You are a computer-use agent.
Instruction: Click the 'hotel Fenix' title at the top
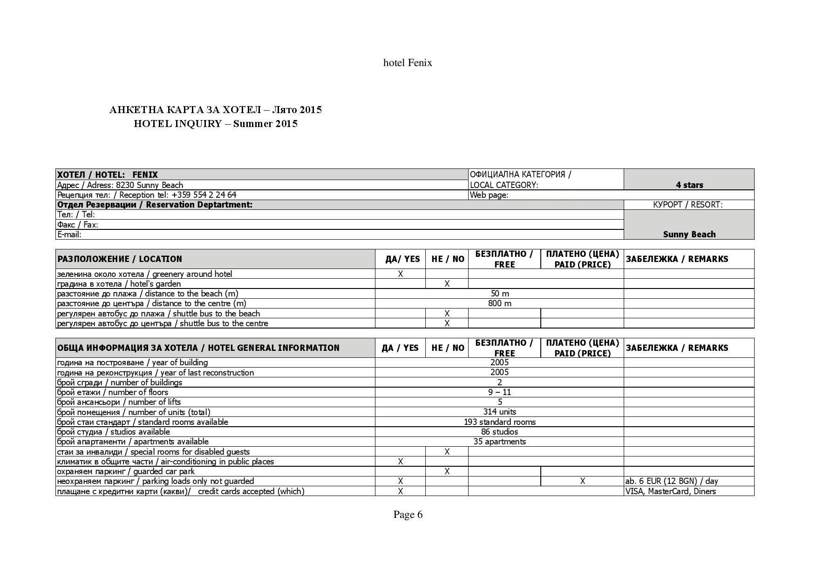click(408, 63)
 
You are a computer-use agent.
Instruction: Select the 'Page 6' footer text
click(408, 514)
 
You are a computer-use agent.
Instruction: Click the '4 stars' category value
click(689, 185)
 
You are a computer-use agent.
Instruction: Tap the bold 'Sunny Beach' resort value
click(689, 234)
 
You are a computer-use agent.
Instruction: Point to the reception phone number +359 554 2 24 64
click(204, 195)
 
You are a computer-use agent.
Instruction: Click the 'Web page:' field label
click(489, 195)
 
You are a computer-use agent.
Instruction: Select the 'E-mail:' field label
click(69, 235)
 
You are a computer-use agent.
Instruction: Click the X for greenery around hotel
click(400, 274)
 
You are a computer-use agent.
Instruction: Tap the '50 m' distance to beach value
click(500, 294)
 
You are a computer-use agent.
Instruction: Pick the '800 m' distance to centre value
click(500, 303)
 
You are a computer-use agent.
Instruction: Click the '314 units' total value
click(500, 412)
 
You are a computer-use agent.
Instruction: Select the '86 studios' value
click(500, 432)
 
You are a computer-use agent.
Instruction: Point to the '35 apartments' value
click(500, 442)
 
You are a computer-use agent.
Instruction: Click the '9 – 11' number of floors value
click(500, 392)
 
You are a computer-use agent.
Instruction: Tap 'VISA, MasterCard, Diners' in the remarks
click(671, 491)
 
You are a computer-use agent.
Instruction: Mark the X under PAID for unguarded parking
click(582, 481)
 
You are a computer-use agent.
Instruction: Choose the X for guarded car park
click(447, 471)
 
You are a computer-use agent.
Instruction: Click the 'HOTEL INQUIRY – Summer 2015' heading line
click(216, 124)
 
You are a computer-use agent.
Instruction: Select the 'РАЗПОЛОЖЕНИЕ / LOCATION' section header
click(120, 259)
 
